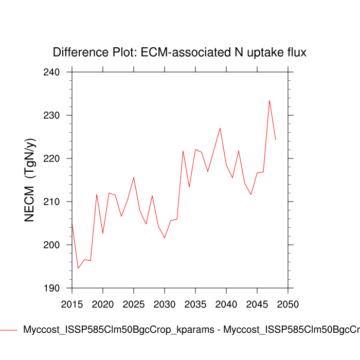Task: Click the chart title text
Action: tap(179, 52)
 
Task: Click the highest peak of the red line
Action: tap(269, 100)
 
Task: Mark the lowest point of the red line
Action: tap(78, 268)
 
